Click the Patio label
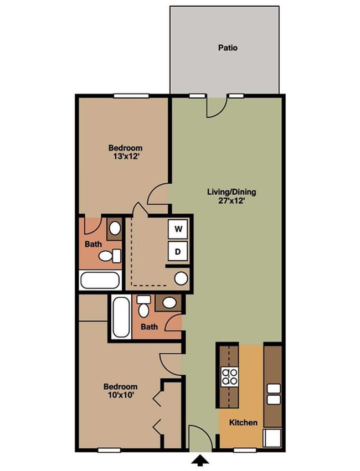[227, 48]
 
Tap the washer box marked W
[178, 229]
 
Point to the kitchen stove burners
[229, 376]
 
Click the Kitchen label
[244, 422]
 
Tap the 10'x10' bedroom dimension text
[121, 395]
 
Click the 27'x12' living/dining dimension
[232, 201]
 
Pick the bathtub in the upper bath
[100, 280]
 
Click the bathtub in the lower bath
[120, 318]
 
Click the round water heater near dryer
[181, 278]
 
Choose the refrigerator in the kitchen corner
[273, 437]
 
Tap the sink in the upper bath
[115, 227]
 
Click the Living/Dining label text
[232, 192]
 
